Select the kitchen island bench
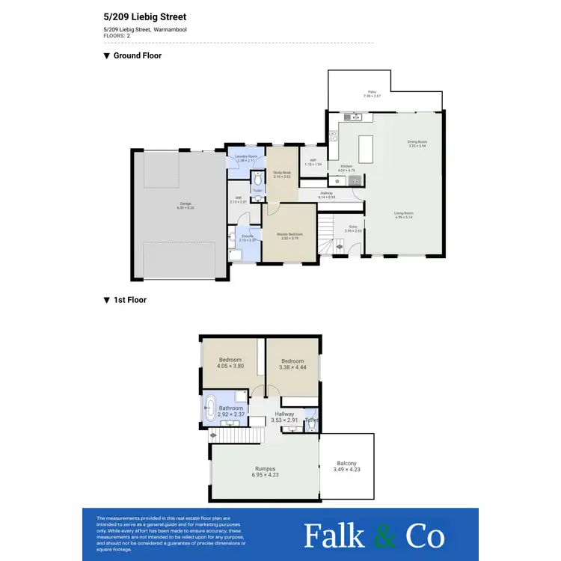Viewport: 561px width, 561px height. [366, 148]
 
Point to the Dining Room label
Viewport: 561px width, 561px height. [417, 142]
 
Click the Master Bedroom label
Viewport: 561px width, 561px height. [290, 234]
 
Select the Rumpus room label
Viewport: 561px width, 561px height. [266, 469]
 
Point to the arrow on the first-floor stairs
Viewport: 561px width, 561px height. [214, 435]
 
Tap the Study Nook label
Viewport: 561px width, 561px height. [282, 173]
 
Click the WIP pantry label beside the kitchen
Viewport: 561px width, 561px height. [313, 161]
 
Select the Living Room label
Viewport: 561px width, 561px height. [405, 213]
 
